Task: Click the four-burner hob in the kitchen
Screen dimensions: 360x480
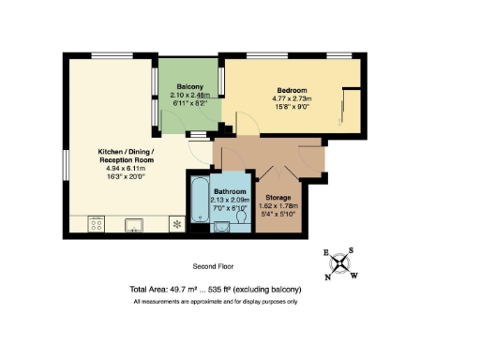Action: click(96, 224)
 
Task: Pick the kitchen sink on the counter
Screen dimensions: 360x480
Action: click(133, 224)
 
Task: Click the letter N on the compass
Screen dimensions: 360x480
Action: click(328, 277)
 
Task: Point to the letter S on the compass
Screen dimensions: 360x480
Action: click(351, 250)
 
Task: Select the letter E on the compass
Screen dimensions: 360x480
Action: click(326, 254)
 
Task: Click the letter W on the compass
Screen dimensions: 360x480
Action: click(353, 274)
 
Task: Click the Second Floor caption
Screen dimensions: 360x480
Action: click(213, 266)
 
